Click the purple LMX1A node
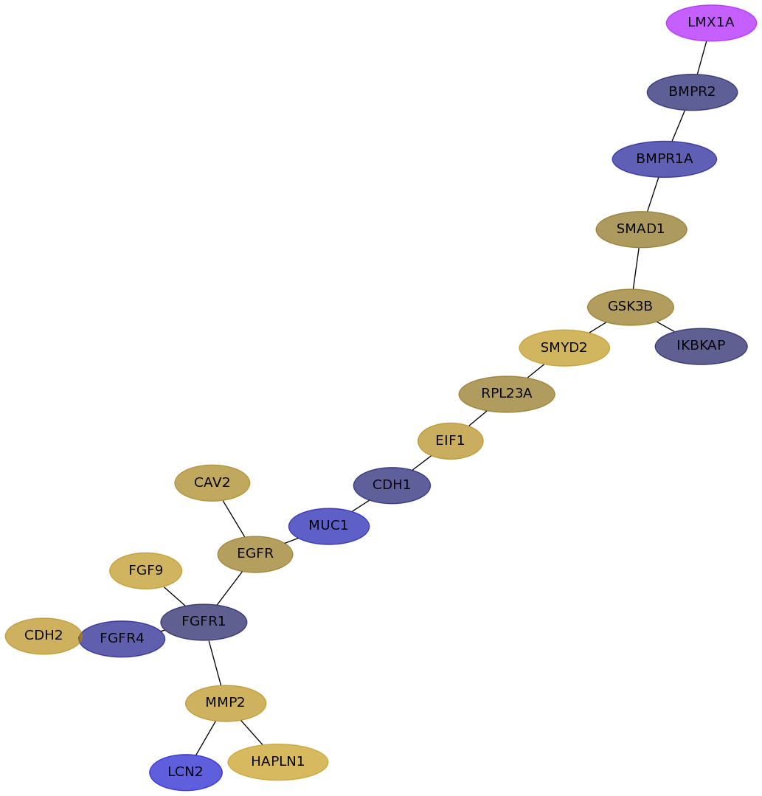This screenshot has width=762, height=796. tap(711, 23)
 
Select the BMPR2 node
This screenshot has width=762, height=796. tap(692, 92)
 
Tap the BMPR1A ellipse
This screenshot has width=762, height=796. tap(664, 159)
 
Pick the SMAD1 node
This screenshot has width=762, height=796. tap(641, 229)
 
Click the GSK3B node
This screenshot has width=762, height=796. tap(631, 307)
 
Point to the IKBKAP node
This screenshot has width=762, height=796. tap(701, 346)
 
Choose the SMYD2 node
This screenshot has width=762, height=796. tap(564, 347)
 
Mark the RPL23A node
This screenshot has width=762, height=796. tap(507, 394)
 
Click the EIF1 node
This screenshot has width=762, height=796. tap(450, 440)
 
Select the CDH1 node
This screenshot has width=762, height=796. tap(392, 485)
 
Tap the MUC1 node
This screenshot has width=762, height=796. tap(329, 526)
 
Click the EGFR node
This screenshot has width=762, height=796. tap(255, 554)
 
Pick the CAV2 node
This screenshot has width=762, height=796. tap(212, 482)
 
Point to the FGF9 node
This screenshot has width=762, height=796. tap(146, 570)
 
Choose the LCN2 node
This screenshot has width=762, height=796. tap(186, 772)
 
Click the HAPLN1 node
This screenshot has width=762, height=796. tap(278, 762)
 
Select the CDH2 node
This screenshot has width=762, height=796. tap(44, 636)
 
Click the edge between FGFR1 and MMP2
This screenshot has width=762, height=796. tap(215, 662)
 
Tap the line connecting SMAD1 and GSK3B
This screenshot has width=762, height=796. tap(636, 269)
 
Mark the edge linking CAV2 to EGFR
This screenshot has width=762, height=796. tap(234, 519)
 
